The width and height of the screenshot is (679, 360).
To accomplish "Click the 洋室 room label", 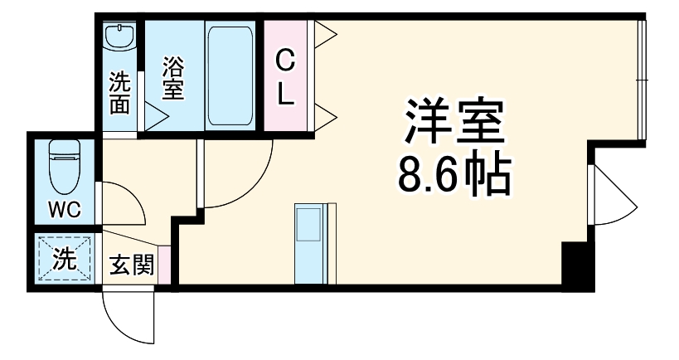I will [453, 124].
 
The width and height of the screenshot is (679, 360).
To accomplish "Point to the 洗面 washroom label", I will [121, 93].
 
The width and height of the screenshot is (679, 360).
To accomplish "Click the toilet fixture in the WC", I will [63, 166].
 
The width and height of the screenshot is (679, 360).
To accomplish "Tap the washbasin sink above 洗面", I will [121, 37].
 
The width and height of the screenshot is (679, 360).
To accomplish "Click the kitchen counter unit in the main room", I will [311, 244].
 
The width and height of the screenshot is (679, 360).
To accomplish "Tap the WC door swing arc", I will [124, 203].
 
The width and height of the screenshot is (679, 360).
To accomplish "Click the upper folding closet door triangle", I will [323, 35].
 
